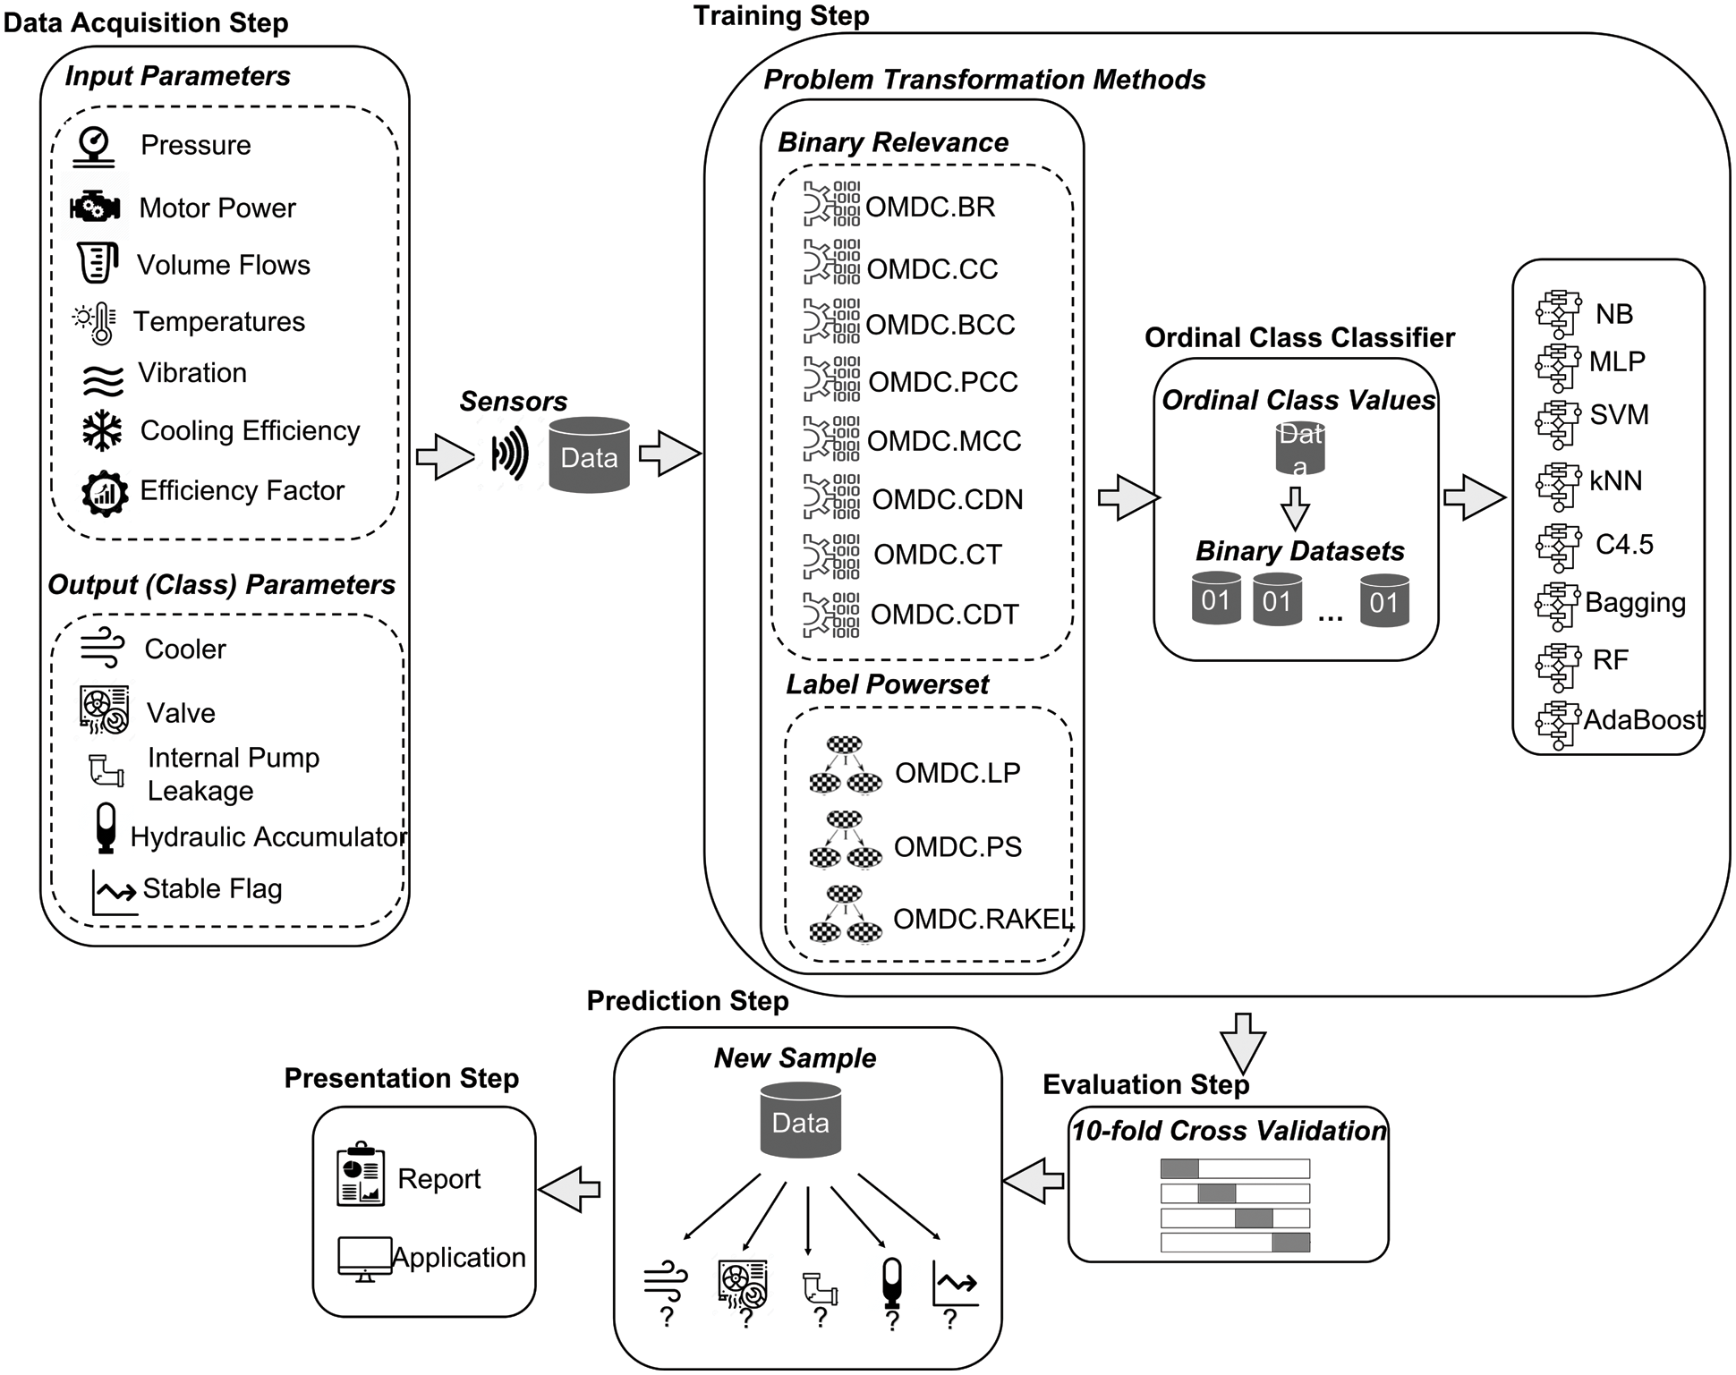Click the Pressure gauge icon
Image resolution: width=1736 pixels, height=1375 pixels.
(x=95, y=146)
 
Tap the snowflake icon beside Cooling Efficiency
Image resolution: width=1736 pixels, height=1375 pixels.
(x=102, y=431)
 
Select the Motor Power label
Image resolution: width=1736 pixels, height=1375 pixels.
(x=217, y=208)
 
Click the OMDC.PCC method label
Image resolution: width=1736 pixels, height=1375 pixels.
(x=942, y=382)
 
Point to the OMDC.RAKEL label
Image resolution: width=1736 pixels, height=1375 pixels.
(x=982, y=919)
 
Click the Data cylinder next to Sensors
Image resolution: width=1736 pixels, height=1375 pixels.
(x=589, y=455)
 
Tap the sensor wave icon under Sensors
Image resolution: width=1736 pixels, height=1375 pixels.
(x=510, y=454)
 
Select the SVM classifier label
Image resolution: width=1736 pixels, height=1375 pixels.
(x=1619, y=415)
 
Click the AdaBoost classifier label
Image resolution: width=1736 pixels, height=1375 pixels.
(x=1642, y=720)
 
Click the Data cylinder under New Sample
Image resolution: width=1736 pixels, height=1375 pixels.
(x=800, y=1121)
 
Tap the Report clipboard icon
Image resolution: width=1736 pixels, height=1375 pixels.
(x=361, y=1175)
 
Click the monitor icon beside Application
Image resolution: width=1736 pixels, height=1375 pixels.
(x=364, y=1259)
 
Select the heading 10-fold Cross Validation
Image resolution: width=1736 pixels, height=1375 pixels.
(x=1229, y=1132)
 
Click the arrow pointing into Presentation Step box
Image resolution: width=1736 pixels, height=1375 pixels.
(x=569, y=1189)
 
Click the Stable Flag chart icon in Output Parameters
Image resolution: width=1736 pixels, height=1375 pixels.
(x=115, y=892)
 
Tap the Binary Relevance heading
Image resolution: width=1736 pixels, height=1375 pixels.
(x=892, y=143)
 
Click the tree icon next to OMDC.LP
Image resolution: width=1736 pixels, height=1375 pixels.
(x=845, y=766)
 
